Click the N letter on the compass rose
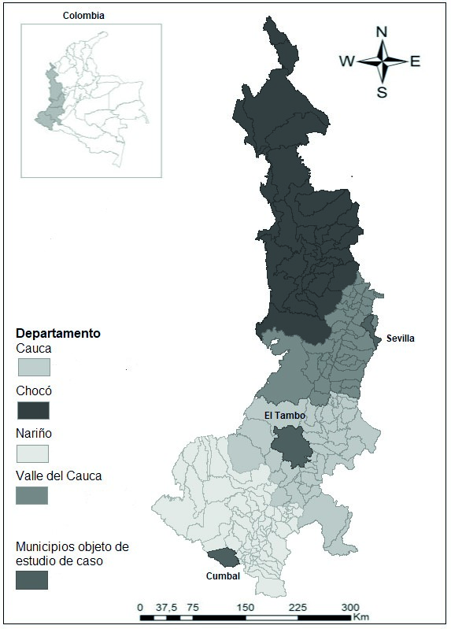(x=382, y=32)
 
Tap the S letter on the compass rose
(x=382, y=92)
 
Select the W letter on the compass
(x=346, y=61)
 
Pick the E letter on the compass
(x=415, y=61)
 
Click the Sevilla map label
(x=400, y=339)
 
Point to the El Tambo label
(x=280, y=416)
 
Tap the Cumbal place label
(x=224, y=575)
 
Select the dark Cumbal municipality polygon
(x=226, y=557)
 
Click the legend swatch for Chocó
(x=33, y=410)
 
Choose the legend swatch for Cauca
(x=33, y=367)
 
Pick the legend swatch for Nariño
(x=33, y=453)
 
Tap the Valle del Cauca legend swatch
(x=33, y=495)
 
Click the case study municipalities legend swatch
(x=33, y=580)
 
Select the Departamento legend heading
(x=58, y=333)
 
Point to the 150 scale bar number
(x=245, y=607)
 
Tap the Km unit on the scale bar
(x=361, y=618)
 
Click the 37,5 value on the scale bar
(x=165, y=607)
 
